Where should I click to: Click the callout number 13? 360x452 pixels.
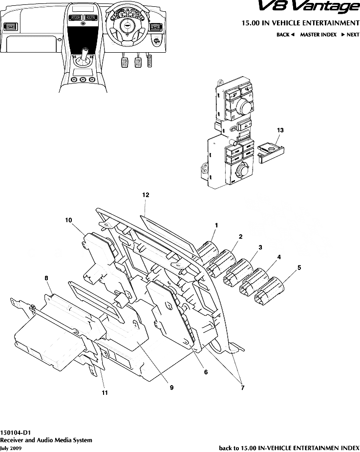pos(280,130)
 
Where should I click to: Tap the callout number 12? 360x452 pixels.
pos(146,195)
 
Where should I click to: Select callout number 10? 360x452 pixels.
pos(68,220)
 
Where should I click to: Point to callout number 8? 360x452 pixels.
pos(46,278)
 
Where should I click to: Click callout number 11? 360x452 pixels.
pos(105,392)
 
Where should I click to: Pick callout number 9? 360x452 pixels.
pos(171,388)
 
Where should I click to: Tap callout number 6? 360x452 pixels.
pos(206,372)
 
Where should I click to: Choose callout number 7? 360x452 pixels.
pos(243,388)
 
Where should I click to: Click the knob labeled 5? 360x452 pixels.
pos(269,290)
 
